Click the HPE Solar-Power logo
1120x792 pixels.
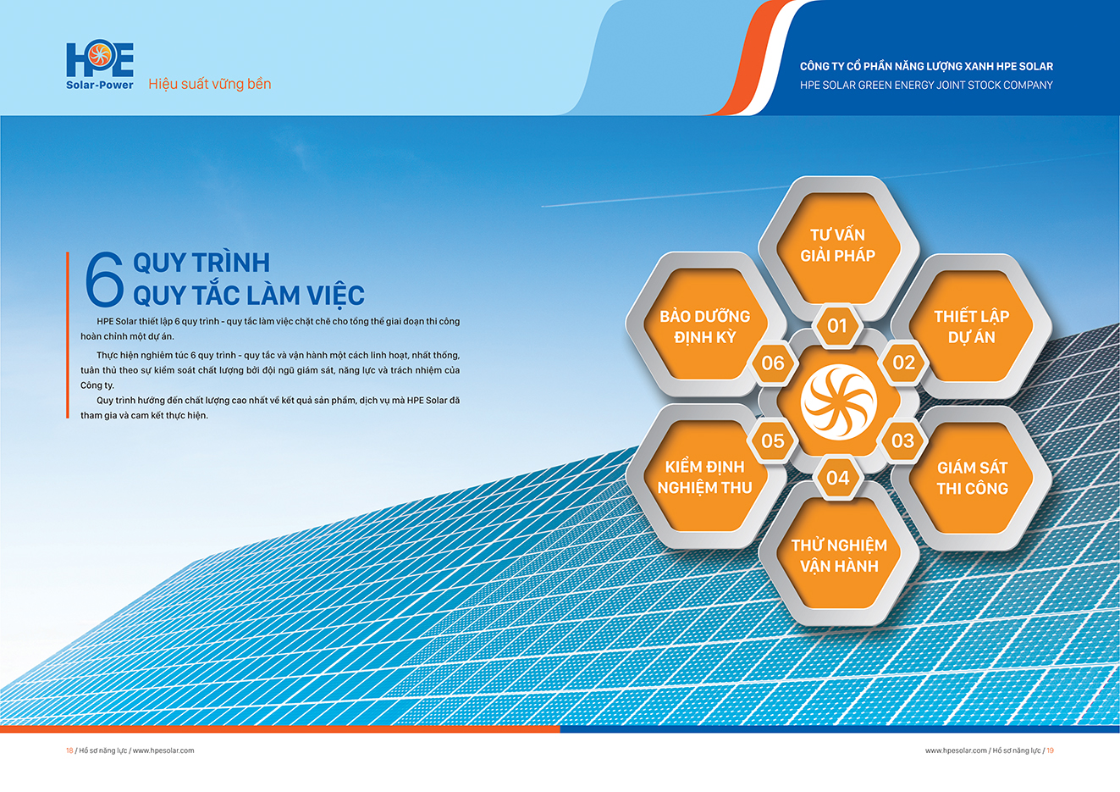click(100, 66)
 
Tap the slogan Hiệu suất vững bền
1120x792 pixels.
click(209, 84)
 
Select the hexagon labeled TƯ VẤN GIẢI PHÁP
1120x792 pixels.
click(838, 247)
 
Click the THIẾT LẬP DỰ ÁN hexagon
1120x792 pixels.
click(971, 327)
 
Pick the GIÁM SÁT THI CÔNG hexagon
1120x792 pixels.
click(971, 479)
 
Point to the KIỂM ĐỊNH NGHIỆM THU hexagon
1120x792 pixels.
click(705, 477)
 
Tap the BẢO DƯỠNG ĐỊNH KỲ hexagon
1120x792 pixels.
click(706, 325)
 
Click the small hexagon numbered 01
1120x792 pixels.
click(837, 326)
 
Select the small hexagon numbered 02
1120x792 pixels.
click(904, 363)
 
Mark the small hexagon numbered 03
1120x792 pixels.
click(903, 440)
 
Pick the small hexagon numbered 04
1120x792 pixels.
click(838, 478)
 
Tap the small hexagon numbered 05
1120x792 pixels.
click(773, 440)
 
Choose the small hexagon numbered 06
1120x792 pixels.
click(773, 363)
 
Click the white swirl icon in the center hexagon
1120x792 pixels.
click(838, 402)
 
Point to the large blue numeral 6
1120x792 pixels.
click(103, 280)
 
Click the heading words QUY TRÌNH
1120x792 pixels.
click(201, 263)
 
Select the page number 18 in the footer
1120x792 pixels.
click(69, 750)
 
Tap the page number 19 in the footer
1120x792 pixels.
click(1050, 750)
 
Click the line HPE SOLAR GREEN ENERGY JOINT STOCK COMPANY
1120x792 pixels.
click(926, 86)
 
